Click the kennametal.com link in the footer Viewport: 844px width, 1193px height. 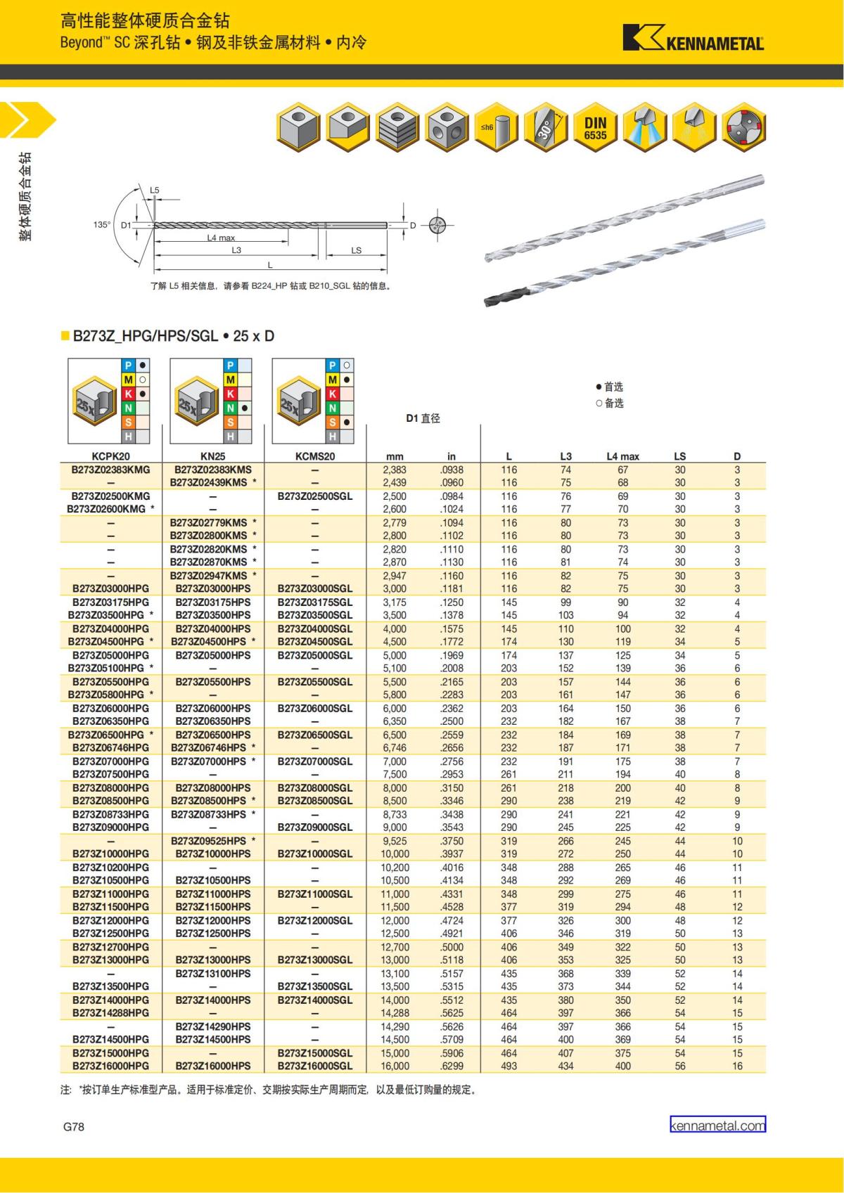(717, 1125)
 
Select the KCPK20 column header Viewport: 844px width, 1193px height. (111, 456)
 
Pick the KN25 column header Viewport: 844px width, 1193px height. (213, 456)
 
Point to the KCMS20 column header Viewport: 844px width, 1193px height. (315, 456)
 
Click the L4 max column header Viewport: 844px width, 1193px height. (622, 456)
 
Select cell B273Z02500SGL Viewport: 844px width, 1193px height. (315, 496)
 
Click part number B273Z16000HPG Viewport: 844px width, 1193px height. (111, 1066)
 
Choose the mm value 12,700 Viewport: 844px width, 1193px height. (395, 947)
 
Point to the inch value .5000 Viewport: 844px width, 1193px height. (452, 947)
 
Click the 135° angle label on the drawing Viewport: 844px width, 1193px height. (102, 225)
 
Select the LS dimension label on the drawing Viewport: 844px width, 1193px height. (356, 250)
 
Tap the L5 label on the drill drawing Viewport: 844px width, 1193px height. (155, 191)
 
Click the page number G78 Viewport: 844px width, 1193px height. (74, 1126)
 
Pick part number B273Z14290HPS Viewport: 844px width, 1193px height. (213, 1026)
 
